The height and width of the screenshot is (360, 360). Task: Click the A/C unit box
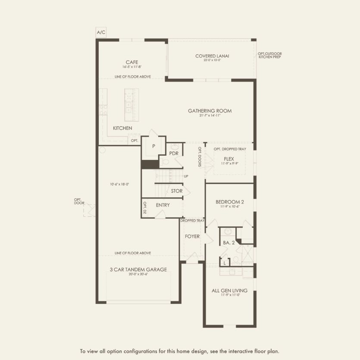click(101, 32)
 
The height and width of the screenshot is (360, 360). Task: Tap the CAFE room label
click(132, 62)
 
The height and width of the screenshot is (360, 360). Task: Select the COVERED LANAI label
click(212, 56)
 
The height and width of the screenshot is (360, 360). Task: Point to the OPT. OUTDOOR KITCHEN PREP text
click(269, 55)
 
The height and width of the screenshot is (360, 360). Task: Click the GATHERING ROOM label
click(210, 111)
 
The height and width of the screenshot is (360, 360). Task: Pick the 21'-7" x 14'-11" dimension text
click(210, 116)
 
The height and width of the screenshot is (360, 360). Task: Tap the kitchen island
click(129, 105)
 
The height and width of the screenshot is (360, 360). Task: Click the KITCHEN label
click(122, 128)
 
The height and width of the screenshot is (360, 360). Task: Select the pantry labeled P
click(153, 146)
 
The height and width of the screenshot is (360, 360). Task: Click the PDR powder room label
click(174, 153)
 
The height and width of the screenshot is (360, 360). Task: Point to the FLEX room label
click(229, 159)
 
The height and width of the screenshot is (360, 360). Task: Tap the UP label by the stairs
click(186, 176)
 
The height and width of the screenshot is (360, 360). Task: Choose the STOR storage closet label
click(176, 191)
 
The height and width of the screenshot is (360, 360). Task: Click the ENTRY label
click(163, 205)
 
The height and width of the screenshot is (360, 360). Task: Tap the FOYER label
click(192, 236)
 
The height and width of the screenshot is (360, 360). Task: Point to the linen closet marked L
click(224, 263)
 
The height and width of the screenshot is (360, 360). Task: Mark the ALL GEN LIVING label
click(229, 291)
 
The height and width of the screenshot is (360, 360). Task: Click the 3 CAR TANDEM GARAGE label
click(138, 269)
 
